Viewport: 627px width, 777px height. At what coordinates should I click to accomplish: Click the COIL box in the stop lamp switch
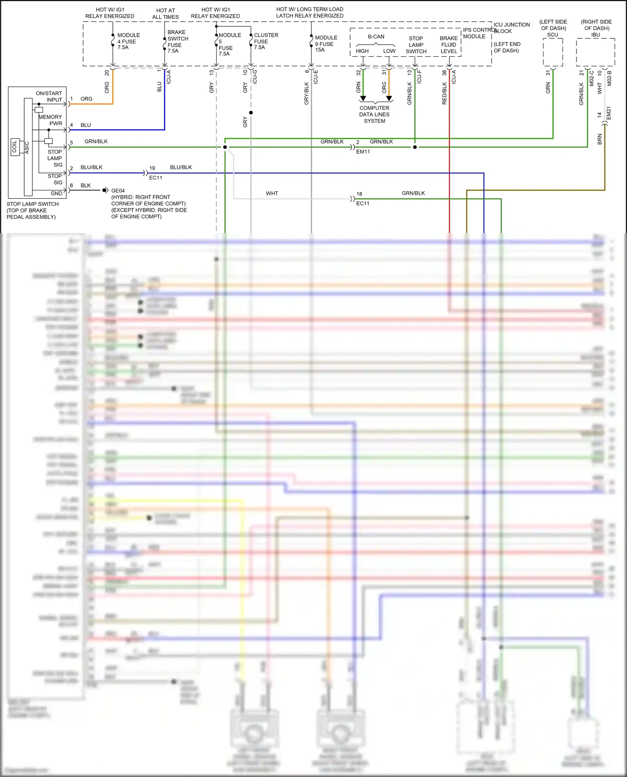tap(15, 147)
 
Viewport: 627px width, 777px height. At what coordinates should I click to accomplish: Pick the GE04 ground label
tap(118, 191)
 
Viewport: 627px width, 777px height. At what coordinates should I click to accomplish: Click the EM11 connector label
tap(363, 152)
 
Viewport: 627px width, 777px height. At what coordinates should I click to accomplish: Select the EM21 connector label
tap(609, 113)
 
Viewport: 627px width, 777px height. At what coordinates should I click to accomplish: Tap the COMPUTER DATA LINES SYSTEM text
tap(374, 114)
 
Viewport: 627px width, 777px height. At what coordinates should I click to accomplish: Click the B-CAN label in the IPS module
tap(376, 37)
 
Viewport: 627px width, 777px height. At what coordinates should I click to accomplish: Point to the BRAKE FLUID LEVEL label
tap(449, 45)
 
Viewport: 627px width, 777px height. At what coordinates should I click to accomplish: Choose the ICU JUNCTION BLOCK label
tap(512, 28)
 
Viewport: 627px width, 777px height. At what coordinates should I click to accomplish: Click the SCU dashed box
tap(553, 53)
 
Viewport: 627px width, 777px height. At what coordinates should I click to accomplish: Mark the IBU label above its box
tap(595, 35)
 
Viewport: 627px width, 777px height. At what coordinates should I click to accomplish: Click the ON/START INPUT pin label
tap(49, 96)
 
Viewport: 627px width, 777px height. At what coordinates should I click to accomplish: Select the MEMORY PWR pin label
tap(51, 120)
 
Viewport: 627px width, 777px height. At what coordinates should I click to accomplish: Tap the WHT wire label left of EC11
tap(272, 193)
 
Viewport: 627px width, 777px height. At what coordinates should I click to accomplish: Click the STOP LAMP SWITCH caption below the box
tap(32, 210)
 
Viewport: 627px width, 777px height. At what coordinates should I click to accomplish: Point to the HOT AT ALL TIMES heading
tap(166, 14)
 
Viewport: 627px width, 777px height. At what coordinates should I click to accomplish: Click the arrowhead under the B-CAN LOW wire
tap(389, 99)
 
